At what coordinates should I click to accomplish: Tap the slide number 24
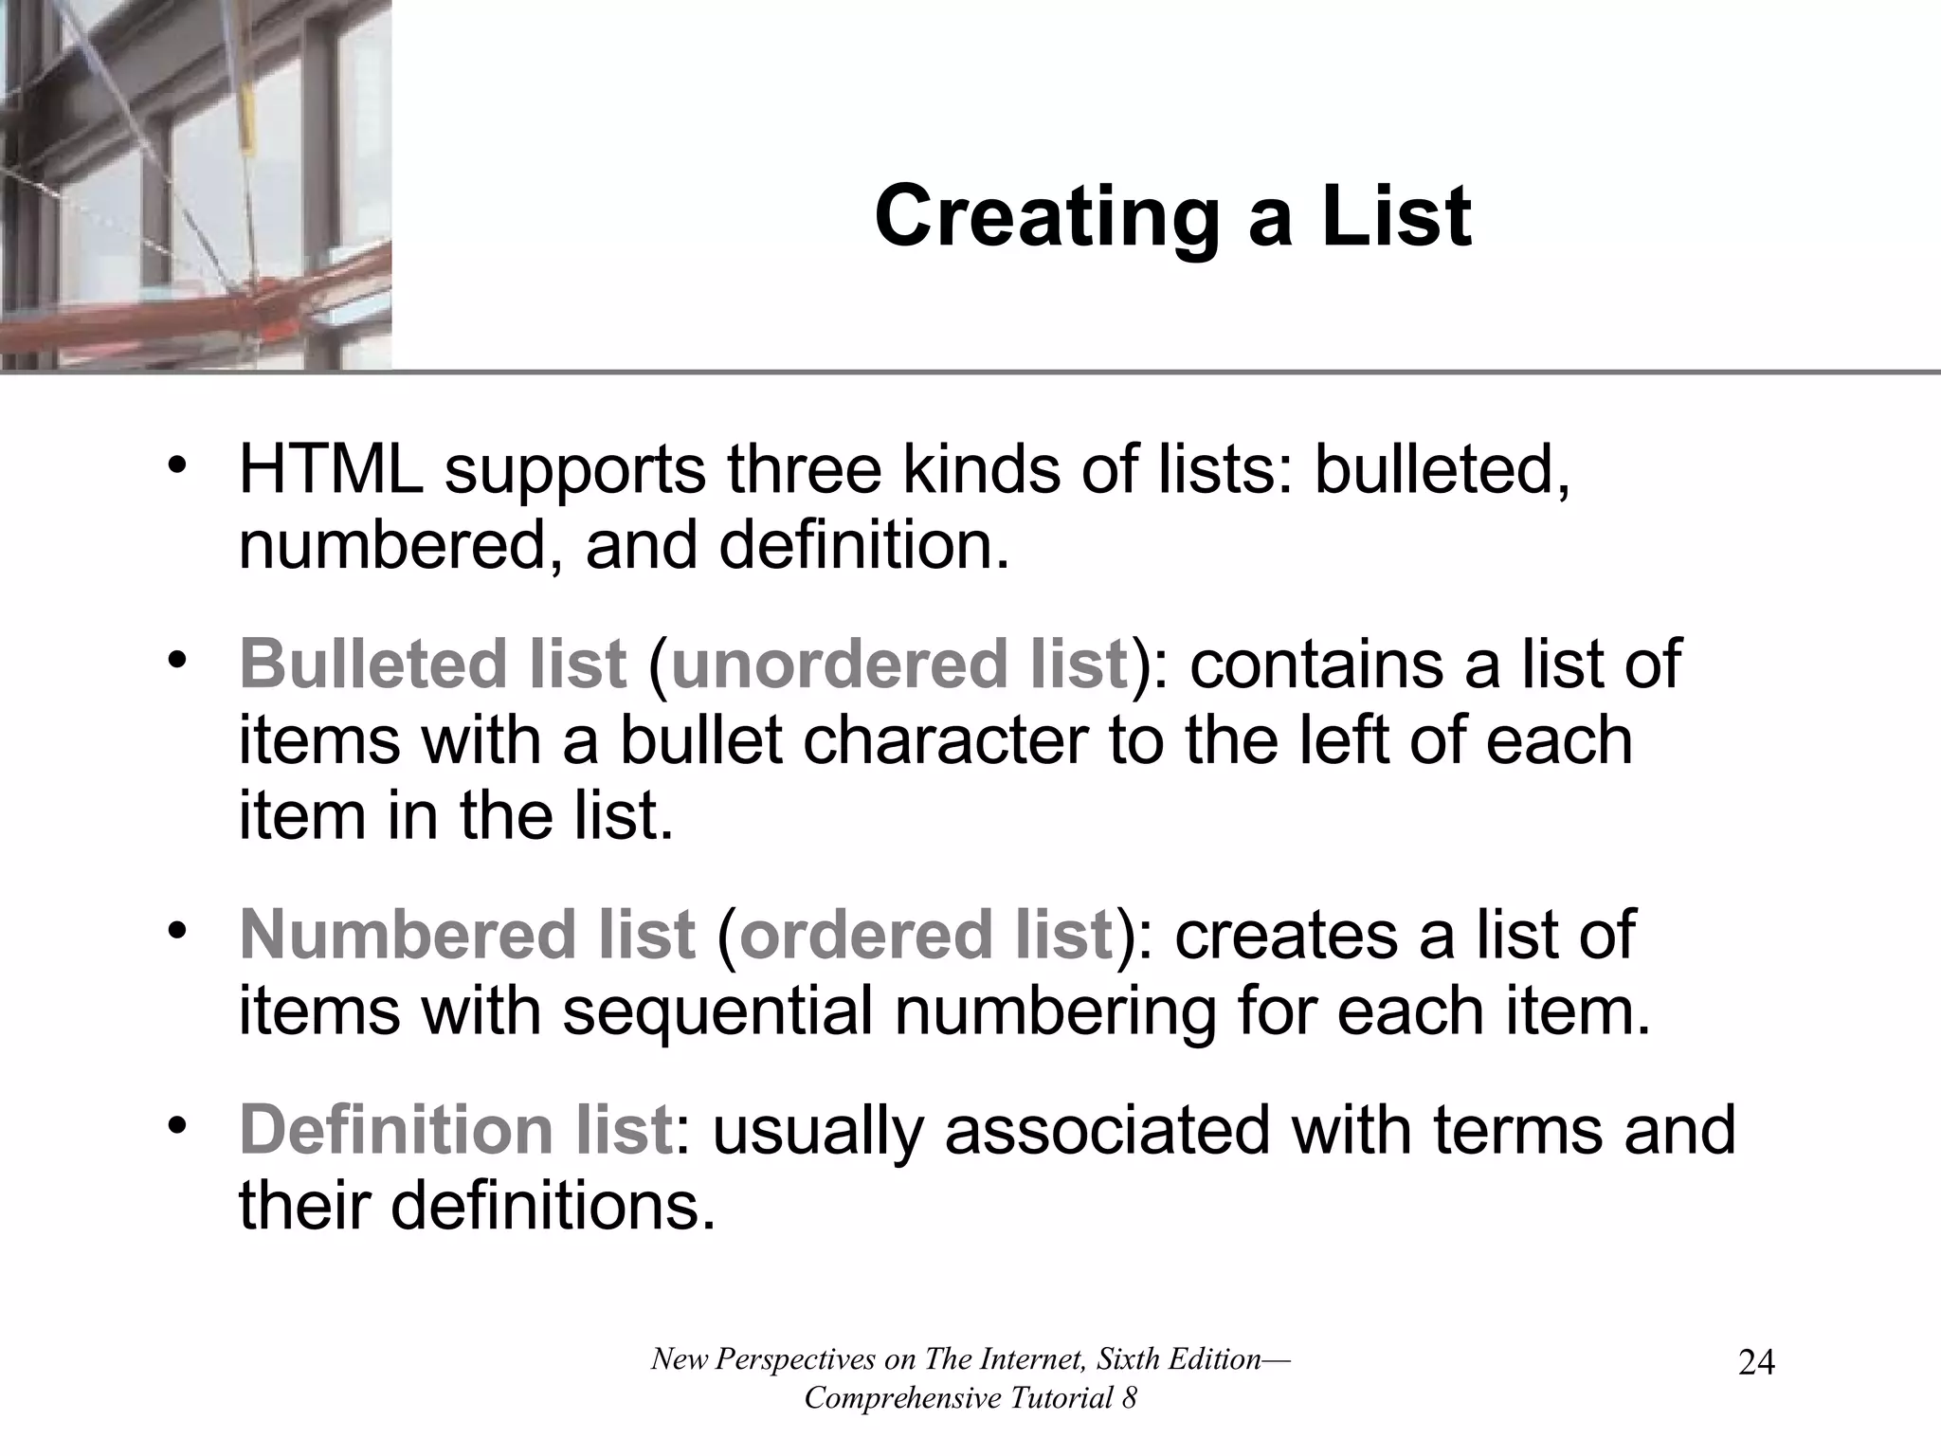coord(1756,1363)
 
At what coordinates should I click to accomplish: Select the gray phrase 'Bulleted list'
coord(433,664)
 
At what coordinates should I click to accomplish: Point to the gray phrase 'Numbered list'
coord(467,935)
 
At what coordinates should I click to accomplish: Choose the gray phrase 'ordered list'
coord(925,935)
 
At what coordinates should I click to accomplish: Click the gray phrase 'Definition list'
coord(456,1130)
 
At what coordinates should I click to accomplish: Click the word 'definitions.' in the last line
coord(552,1207)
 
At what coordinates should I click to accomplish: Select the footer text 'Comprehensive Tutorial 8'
coord(970,1398)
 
